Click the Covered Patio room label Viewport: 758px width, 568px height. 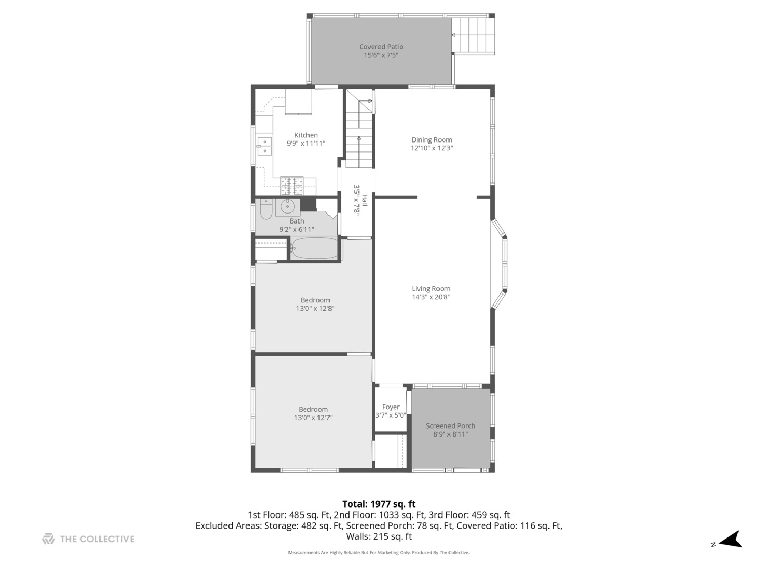(381, 47)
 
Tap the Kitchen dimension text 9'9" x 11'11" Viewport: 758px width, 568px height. (306, 143)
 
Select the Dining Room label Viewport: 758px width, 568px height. (432, 140)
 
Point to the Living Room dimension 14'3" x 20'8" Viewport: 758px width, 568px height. (431, 297)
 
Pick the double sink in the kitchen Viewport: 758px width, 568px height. (264, 146)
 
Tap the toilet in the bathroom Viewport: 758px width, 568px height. (266, 209)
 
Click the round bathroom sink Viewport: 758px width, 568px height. (287, 207)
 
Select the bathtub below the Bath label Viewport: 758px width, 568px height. (315, 248)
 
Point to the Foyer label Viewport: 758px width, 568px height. (391, 407)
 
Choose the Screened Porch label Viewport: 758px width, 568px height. (451, 426)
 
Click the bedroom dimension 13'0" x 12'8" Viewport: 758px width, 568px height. (315, 309)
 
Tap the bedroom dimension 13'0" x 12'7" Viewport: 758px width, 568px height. (313, 418)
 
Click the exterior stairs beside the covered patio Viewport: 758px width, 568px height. (474, 35)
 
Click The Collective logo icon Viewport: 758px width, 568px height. (48, 539)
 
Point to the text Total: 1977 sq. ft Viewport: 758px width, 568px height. (378, 504)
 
